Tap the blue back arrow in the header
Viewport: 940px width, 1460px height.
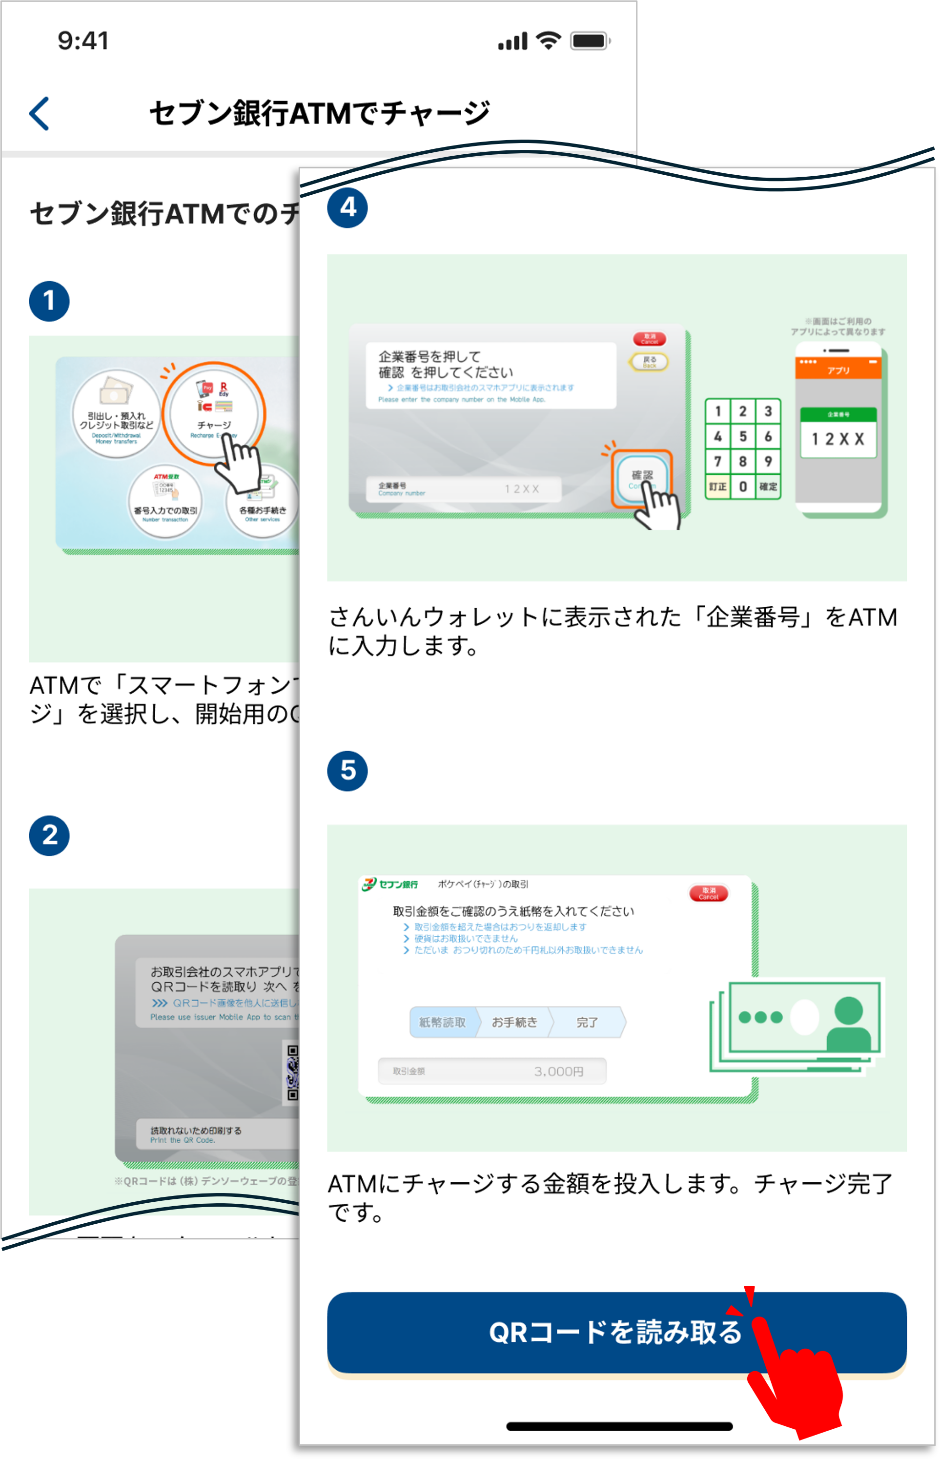click(40, 114)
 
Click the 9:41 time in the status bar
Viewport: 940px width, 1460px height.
click(83, 41)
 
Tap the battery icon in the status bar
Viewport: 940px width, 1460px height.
click(589, 41)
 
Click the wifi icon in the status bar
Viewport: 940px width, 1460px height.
click(548, 41)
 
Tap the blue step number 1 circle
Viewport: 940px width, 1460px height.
click(49, 301)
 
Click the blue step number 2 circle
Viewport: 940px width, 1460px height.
click(49, 835)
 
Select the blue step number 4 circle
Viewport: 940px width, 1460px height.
click(347, 207)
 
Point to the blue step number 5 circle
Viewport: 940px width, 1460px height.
click(347, 771)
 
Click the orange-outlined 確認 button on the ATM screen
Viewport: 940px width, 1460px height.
click(641, 478)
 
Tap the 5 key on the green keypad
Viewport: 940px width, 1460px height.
click(743, 436)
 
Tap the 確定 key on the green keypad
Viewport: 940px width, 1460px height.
click(768, 487)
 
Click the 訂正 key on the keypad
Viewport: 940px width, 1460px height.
click(718, 487)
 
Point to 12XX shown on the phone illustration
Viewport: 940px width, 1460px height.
click(838, 439)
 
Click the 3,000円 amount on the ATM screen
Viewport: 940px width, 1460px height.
click(558, 1071)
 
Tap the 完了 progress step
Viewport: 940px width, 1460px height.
click(587, 1022)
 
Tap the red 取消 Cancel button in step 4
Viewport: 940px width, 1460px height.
click(649, 339)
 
